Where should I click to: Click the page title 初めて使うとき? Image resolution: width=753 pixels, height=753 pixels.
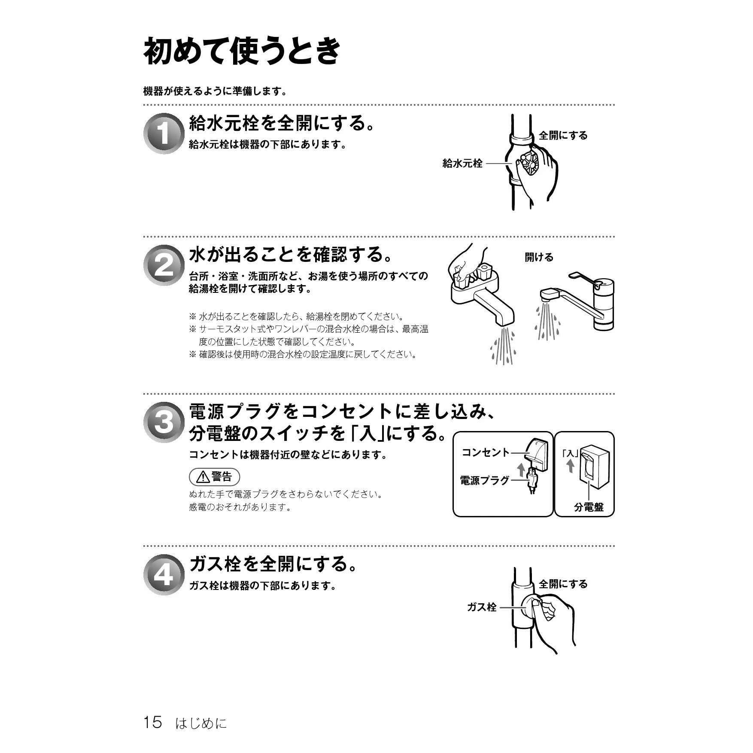242,51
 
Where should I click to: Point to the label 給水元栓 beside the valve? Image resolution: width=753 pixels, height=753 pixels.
462,163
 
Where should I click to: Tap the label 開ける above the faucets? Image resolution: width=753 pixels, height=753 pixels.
539,257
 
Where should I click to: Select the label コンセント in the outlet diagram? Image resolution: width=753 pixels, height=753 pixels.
486,452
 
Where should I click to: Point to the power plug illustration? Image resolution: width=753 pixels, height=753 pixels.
532,480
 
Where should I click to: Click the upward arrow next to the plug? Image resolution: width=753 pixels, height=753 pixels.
521,469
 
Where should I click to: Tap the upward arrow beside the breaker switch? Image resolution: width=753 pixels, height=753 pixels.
570,465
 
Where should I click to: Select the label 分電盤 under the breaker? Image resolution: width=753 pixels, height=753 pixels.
589,507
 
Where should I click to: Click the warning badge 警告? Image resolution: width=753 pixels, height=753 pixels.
214,477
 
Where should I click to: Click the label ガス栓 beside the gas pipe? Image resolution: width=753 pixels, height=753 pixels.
482,607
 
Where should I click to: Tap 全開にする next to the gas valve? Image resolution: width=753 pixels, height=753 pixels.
563,584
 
